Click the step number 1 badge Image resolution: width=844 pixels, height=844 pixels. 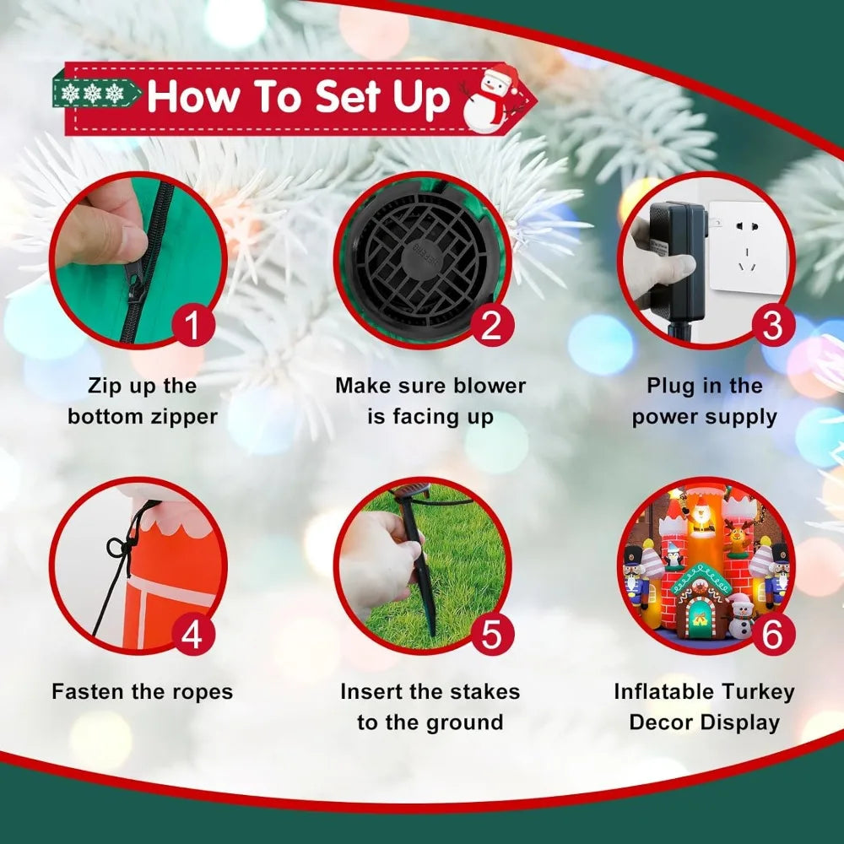tap(193, 325)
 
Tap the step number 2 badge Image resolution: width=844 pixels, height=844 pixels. tap(492, 325)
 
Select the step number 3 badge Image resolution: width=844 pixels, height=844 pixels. tap(772, 325)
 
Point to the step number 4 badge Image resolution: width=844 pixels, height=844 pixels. tap(193, 633)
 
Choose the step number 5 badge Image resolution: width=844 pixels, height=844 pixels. tap(492, 633)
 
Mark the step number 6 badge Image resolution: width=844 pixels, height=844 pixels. tap(772, 633)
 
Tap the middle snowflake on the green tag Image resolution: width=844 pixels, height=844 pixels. tap(93, 93)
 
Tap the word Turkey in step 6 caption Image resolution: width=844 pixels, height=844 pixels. tap(758, 692)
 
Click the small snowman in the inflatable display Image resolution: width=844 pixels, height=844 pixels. tap(741, 619)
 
